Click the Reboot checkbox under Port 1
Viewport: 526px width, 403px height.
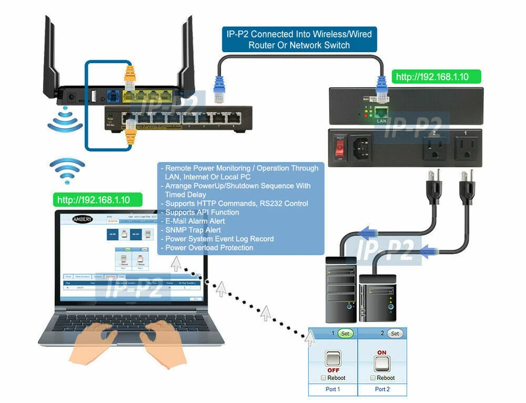click(324, 378)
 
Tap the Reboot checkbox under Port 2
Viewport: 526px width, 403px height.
click(373, 378)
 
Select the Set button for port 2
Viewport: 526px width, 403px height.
click(395, 333)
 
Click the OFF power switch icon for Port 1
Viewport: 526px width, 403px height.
click(333, 359)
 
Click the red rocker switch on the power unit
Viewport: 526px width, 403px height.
click(340, 146)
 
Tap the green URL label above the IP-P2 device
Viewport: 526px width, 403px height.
click(432, 77)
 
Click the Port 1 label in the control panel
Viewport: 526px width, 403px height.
click(333, 389)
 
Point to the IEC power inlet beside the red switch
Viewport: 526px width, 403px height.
click(364, 147)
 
